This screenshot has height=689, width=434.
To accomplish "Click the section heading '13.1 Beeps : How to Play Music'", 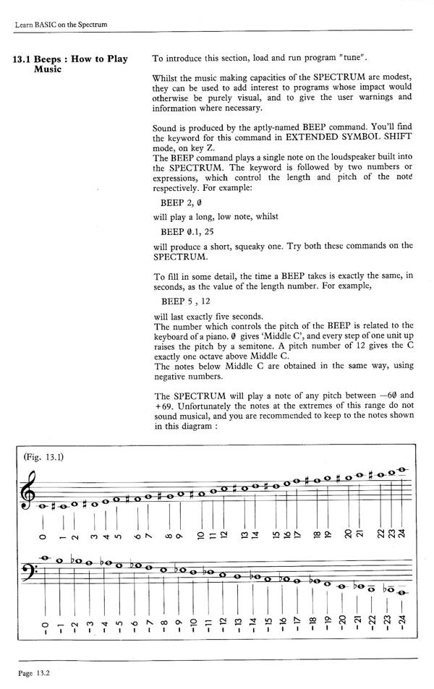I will click(70, 64).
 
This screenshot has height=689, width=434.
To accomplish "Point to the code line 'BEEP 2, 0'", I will click(181, 203).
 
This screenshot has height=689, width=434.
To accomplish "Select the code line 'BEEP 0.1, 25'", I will click(187, 231).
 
